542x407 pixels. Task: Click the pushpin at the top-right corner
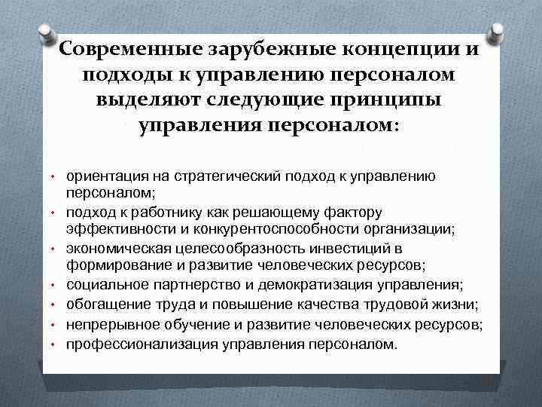point(497,32)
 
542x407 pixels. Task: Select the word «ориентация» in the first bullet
point(102,176)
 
